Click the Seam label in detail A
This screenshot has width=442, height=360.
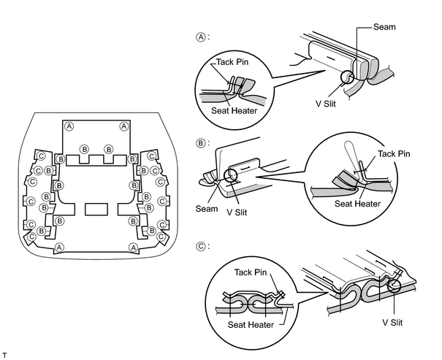click(x=384, y=27)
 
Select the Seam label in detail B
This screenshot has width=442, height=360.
click(x=207, y=209)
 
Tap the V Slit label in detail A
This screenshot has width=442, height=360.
click(x=326, y=104)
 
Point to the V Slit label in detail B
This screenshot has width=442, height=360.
click(x=237, y=212)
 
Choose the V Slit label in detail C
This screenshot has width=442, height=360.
click(x=392, y=322)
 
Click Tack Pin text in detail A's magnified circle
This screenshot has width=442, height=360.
click(x=232, y=62)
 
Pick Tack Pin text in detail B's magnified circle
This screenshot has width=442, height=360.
click(x=394, y=154)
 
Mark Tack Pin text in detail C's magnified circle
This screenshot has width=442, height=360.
click(x=251, y=272)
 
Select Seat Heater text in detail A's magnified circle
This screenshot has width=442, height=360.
click(x=235, y=111)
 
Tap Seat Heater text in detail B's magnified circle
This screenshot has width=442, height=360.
click(x=357, y=204)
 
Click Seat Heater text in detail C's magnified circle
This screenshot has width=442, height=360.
click(x=251, y=325)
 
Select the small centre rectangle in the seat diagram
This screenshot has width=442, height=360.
click(x=96, y=210)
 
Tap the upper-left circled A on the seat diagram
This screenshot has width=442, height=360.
click(x=69, y=126)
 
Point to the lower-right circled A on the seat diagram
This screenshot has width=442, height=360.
click(x=133, y=248)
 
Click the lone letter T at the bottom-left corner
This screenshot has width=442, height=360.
click(x=4, y=356)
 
